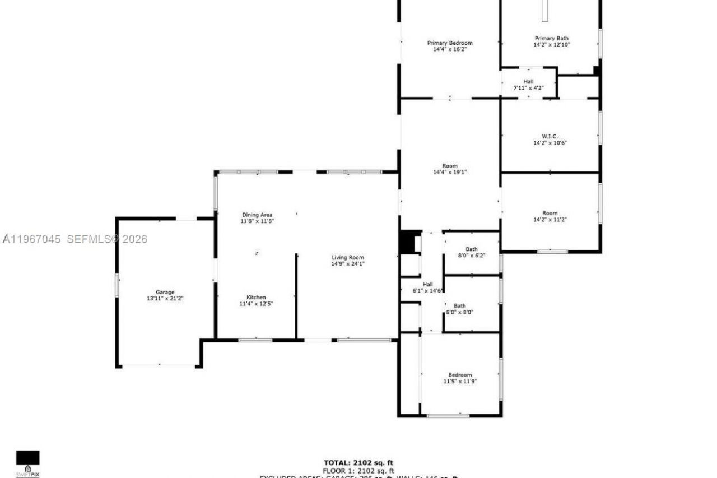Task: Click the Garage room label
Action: (165, 292)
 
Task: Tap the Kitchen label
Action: (256, 297)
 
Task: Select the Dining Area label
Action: (258, 215)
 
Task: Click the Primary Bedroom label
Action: (450, 43)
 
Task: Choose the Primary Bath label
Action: (552, 38)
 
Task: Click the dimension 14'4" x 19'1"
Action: (450, 173)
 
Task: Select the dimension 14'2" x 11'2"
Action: (550, 220)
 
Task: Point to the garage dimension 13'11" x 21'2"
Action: (165, 299)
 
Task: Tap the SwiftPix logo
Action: (27, 463)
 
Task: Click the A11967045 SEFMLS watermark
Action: (75, 239)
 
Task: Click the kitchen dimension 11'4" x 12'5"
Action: (256, 304)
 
